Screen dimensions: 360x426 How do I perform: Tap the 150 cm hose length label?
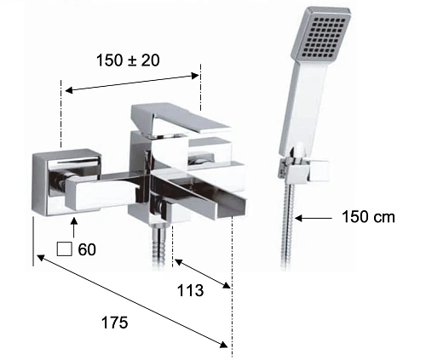(368, 217)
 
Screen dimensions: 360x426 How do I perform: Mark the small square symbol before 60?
(64, 249)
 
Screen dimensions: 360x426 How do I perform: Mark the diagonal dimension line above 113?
(202, 273)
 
